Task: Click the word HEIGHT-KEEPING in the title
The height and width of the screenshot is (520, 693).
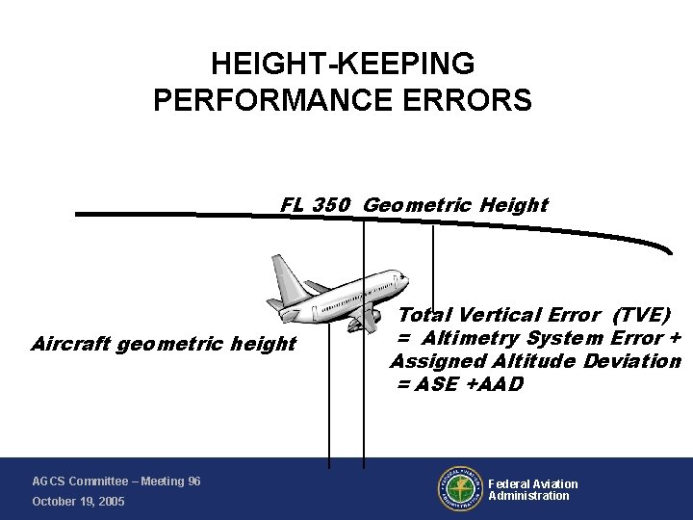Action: tap(342, 65)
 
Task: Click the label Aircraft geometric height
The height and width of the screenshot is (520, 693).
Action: tap(164, 344)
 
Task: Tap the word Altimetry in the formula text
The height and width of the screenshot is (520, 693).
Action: tap(472, 338)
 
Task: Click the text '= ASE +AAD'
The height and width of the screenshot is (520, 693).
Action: tap(459, 384)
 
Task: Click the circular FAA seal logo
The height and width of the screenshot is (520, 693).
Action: tap(460, 490)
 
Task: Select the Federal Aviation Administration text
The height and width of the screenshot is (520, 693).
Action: tap(532, 490)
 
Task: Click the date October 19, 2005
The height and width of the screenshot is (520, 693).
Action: tap(78, 502)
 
